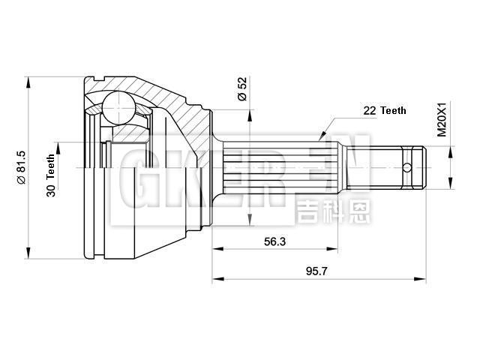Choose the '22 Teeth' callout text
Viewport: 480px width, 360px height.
click(384, 110)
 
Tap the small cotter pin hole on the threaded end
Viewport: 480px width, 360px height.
click(407, 167)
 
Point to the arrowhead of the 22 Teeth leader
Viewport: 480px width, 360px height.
click(322, 137)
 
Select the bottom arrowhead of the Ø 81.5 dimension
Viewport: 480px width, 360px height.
click(29, 253)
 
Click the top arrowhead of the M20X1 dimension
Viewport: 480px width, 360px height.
click(451, 152)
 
